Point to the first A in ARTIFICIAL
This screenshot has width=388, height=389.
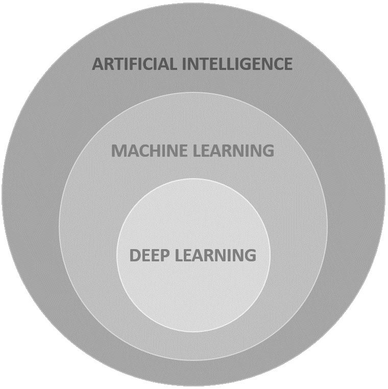98,64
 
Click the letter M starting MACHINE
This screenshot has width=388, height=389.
118,151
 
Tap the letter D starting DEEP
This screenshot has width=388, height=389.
135,255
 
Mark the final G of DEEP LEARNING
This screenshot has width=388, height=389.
250,255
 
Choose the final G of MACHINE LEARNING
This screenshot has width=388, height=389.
268,151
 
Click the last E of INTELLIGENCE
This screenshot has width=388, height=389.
287,64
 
